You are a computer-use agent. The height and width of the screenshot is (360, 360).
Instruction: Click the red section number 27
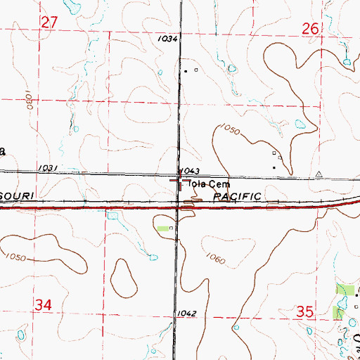(49, 22)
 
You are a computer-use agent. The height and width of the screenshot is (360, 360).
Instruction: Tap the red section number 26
(311, 28)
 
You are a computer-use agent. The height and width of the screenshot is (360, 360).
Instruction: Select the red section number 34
(44, 305)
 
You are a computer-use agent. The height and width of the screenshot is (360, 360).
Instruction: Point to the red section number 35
(305, 310)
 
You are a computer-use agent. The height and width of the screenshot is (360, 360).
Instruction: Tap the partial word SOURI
(22, 193)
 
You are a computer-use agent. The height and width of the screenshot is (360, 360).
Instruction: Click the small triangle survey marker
(319, 173)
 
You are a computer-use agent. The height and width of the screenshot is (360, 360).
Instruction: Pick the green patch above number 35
(346, 290)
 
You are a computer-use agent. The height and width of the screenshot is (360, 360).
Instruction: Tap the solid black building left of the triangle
(275, 167)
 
